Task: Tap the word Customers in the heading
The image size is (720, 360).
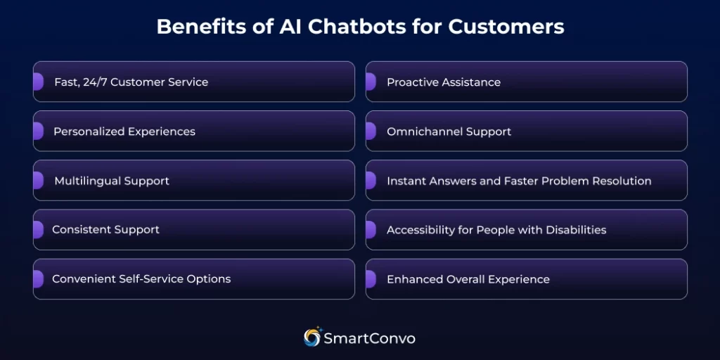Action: (x=506, y=27)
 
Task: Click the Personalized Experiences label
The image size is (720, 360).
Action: (x=124, y=131)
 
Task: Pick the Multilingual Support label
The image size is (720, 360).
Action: (x=112, y=181)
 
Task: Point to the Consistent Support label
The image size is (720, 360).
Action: (x=105, y=230)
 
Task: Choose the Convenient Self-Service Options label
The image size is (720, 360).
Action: (x=141, y=279)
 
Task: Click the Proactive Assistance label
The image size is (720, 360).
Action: (x=444, y=82)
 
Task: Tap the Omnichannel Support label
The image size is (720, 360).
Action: (x=449, y=131)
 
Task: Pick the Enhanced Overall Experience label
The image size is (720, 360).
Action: (x=468, y=279)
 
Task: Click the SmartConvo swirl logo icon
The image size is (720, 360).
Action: (x=312, y=337)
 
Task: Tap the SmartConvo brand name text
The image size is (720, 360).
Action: (x=369, y=339)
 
